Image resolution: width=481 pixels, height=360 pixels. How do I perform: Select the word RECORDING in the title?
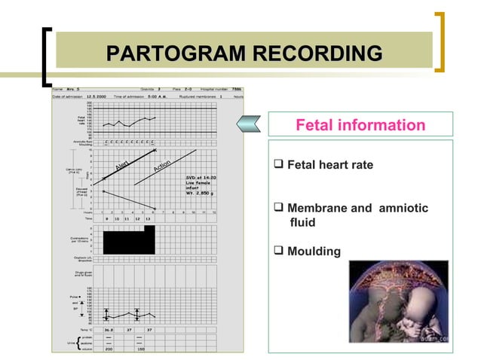[x=317, y=53]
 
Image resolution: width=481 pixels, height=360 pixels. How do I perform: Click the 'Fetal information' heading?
[x=360, y=124]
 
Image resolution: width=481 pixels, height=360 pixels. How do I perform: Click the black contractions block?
[x=129, y=240]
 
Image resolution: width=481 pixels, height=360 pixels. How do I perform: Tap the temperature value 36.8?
[x=108, y=329]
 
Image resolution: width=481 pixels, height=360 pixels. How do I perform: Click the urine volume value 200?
[x=108, y=349]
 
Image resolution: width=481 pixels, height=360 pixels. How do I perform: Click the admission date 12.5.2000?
[x=99, y=96]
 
